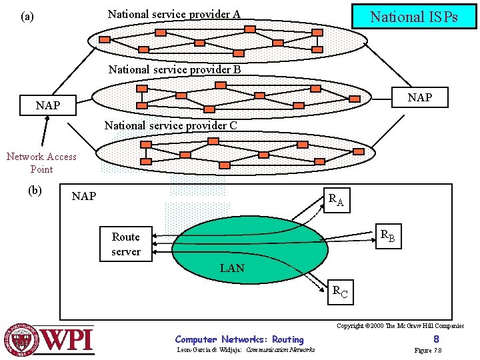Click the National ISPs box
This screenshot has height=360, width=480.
click(413, 17)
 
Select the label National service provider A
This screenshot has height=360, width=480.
click(174, 14)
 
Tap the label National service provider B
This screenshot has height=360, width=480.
click(174, 69)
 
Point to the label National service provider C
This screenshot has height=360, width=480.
click(171, 125)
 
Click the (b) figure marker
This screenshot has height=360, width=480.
click(35, 190)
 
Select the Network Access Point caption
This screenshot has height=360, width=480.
click(41, 163)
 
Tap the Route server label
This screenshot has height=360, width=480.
click(126, 244)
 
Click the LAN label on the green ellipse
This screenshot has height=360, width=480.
click(232, 269)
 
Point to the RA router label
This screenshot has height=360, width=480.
click(336, 199)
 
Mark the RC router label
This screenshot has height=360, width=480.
click(340, 291)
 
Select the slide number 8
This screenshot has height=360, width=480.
click(436, 339)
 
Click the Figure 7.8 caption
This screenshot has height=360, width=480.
click(428, 351)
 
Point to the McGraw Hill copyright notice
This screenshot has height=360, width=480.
click(400, 326)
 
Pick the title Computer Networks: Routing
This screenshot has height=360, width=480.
click(239, 339)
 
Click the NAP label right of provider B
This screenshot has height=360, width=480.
click(419, 98)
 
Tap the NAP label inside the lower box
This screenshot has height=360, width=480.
click(84, 196)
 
